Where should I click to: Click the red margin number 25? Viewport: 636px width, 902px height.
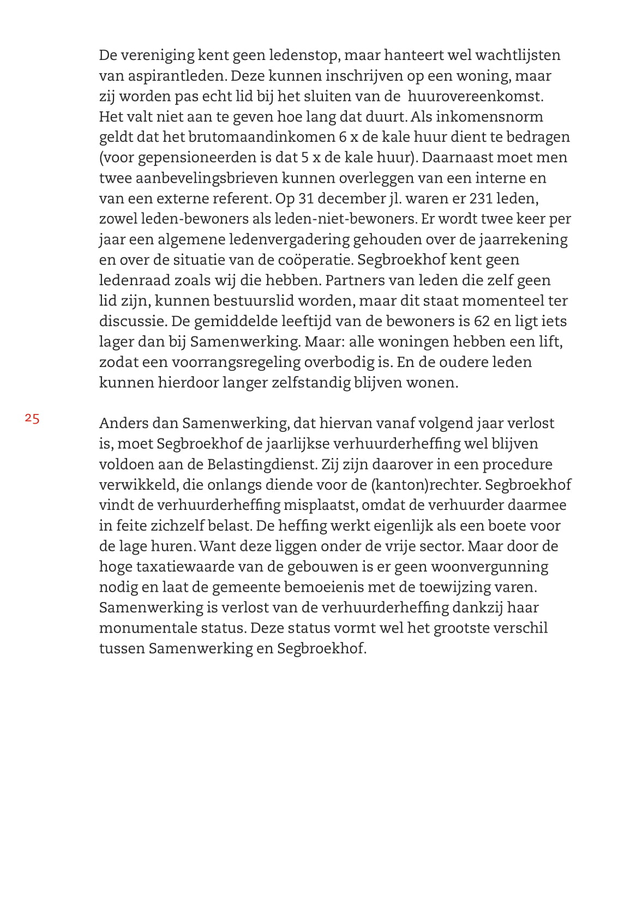point(32,419)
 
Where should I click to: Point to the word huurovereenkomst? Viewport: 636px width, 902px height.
point(476,97)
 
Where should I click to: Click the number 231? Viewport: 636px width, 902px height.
point(481,199)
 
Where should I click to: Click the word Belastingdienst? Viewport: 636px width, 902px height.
point(261,464)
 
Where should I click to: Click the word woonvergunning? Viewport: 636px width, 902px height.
point(490,567)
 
